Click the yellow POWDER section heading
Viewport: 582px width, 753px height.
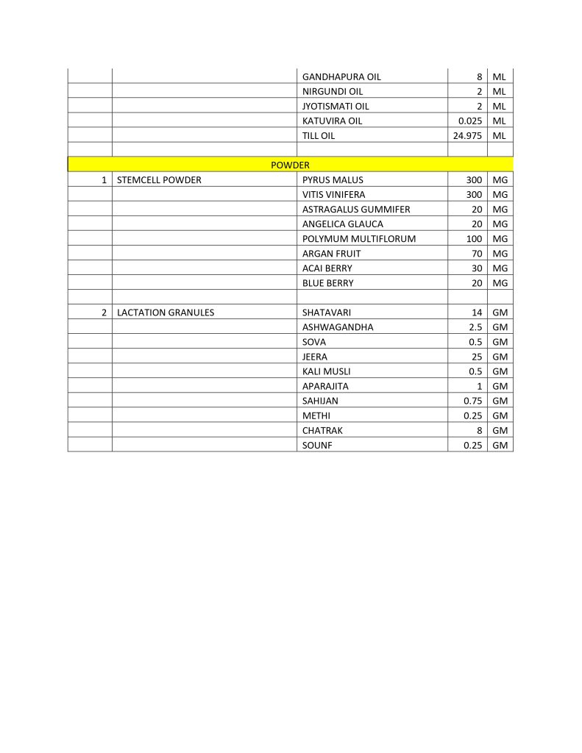pyautogui.click(x=290, y=165)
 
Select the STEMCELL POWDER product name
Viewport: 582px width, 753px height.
pyautogui.click(x=159, y=179)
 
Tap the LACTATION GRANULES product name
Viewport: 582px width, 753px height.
pyautogui.click(x=166, y=313)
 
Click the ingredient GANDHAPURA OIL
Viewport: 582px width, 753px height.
pyautogui.click(x=341, y=76)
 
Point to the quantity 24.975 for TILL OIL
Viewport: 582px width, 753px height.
pyautogui.click(x=466, y=135)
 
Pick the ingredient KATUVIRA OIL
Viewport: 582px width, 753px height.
pyautogui.click(x=332, y=121)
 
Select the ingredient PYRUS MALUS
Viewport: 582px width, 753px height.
pyautogui.click(x=333, y=179)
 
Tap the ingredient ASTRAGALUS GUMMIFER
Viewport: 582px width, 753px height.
pyautogui.click(x=356, y=209)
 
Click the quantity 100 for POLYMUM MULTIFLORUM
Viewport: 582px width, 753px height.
pyautogui.click(x=474, y=238)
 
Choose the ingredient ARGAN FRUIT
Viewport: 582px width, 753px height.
pyautogui.click(x=331, y=253)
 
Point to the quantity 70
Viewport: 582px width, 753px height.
pyautogui.click(x=476, y=253)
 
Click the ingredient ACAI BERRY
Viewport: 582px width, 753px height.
pyautogui.click(x=327, y=268)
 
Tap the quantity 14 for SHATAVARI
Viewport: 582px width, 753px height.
pyautogui.click(x=476, y=313)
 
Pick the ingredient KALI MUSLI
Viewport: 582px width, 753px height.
pyautogui.click(x=327, y=371)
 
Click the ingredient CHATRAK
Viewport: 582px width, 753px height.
pyautogui.click(x=322, y=430)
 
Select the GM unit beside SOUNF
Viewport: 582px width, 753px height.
pyautogui.click(x=500, y=445)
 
